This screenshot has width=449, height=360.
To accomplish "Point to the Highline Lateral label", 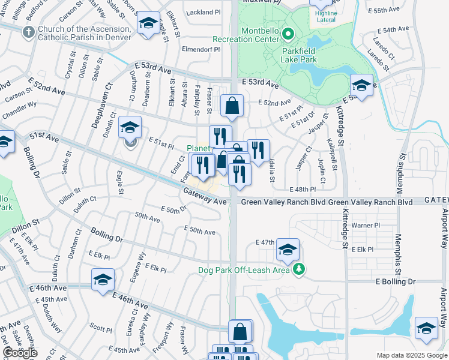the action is [325, 16].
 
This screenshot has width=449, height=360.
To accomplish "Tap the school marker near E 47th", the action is [288, 249].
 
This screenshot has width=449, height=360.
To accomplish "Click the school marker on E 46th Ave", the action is [103, 280].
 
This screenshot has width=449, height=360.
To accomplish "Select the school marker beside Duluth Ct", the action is [130, 127].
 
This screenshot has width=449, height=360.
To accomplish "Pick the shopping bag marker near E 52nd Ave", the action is [232, 106].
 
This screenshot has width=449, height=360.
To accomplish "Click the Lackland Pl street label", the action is [205, 12].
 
